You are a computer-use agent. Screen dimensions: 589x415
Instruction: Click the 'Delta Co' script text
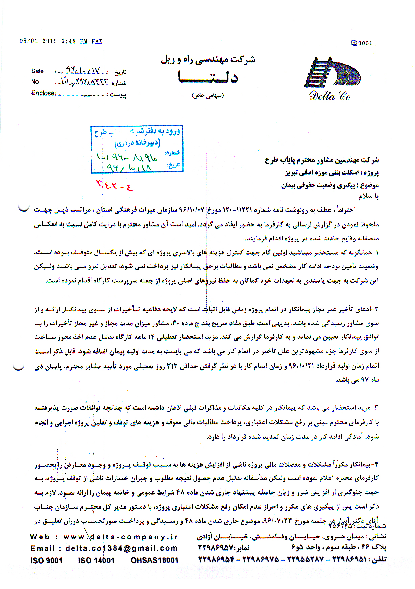click(329, 96)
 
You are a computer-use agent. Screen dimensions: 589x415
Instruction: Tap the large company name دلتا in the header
click(208, 77)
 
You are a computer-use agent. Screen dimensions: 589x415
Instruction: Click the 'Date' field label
click(38, 71)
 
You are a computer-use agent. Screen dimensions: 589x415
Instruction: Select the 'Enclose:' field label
click(44, 93)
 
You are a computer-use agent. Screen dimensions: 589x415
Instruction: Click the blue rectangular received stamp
click(137, 149)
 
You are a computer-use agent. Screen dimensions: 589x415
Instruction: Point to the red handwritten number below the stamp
click(115, 185)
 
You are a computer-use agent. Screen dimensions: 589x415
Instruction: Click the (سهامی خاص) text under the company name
click(208, 96)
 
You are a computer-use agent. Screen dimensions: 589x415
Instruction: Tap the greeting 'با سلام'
click(368, 196)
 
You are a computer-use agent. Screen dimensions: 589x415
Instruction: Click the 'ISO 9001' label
click(46, 560)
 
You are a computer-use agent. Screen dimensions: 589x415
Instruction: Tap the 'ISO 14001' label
click(96, 560)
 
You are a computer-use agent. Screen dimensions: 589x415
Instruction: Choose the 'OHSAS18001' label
click(154, 560)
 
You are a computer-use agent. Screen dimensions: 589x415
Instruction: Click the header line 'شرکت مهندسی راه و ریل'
click(208, 60)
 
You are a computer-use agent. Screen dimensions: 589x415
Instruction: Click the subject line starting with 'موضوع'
click(329, 185)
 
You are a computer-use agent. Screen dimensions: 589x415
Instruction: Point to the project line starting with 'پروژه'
click(332, 173)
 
